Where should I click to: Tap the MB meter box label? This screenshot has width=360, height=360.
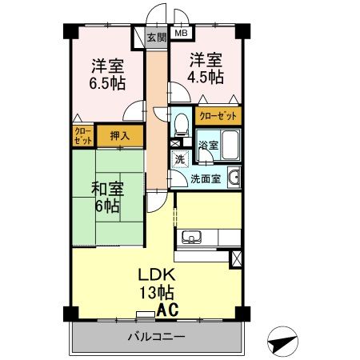pyautogui.click(x=181, y=34)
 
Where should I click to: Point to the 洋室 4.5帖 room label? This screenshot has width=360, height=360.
pyautogui.click(x=206, y=67)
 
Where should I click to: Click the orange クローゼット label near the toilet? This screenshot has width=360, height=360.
pyautogui.click(x=218, y=116)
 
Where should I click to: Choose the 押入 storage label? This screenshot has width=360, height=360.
pyautogui.click(x=120, y=135)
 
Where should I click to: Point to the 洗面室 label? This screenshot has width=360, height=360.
pyautogui.click(x=205, y=178)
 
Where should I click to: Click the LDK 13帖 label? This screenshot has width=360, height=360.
pyautogui.click(x=154, y=282)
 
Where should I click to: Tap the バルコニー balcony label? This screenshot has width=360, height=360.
pyautogui.click(x=156, y=337)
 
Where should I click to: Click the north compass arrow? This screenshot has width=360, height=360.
pyautogui.click(x=282, y=342)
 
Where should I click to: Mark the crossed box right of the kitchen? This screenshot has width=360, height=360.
pyautogui.click(x=235, y=258)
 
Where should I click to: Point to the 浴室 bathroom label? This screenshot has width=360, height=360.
pyautogui.click(x=209, y=146)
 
